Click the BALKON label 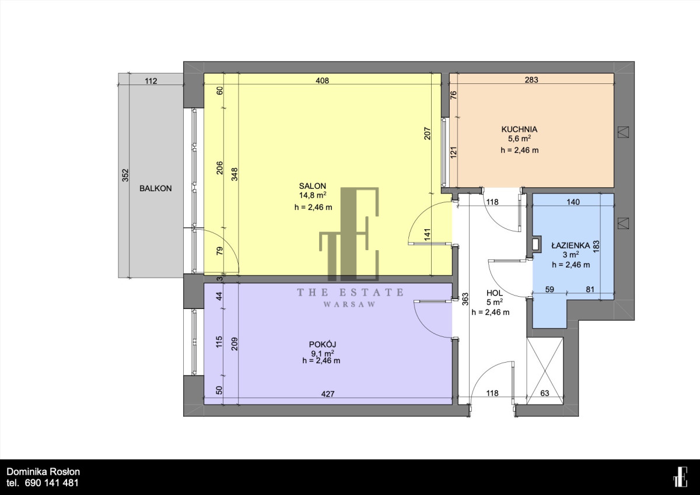point(156,188)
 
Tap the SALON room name point(313,186)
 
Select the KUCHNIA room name point(519,129)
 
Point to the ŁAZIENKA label point(570,245)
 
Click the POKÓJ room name point(322,344)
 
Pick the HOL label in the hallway point(495,293)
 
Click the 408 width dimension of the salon point(322,80)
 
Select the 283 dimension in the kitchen point(531,80)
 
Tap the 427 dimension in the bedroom point(327,394)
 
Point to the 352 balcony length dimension point(125,175)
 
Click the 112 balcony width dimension point(150,81)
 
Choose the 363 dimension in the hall point(465,299)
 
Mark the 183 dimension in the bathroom point(596,247)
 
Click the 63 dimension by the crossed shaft point(545,393)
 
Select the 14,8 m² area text point(313,195)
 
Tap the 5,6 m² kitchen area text point(519,138)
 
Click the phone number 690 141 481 point(51,483)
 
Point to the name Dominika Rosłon point(43,472)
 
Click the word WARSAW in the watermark point(349,304)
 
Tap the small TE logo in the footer point(680,477)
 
